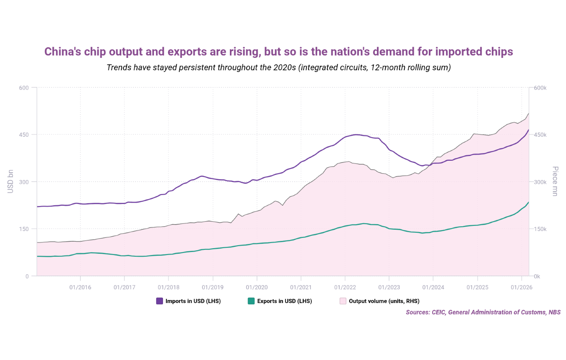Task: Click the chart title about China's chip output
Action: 279,52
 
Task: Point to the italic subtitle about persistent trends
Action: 279,68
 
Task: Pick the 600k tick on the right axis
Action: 539,87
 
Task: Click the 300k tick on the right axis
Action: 539,182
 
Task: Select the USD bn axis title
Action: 11,182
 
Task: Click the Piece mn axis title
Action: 555,182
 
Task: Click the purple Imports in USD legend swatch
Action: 160,301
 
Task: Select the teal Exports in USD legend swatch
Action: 251,301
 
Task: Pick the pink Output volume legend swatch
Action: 343,301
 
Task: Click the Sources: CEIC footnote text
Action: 483,312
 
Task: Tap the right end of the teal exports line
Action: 528,202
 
